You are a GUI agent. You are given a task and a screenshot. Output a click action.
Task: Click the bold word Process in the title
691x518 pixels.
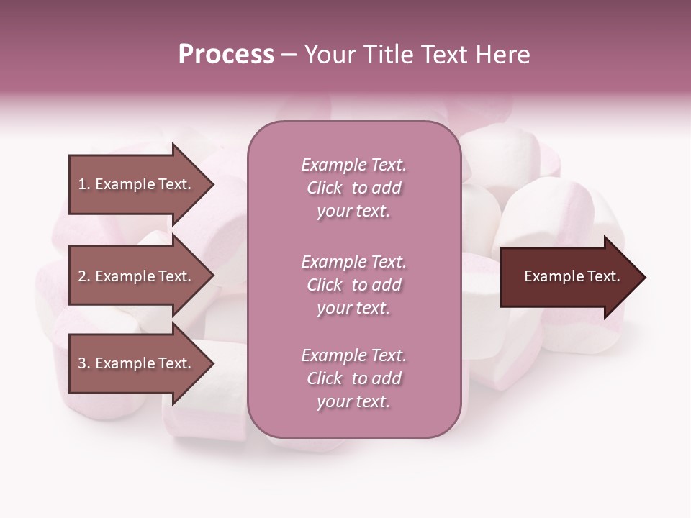point(226,55)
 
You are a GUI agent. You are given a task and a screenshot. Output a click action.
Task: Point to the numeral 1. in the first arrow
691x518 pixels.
point(84,184)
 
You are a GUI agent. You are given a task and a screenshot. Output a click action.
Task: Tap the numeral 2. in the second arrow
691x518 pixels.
point(84,276)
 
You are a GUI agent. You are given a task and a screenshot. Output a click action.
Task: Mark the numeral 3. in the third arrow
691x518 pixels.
point(84,363)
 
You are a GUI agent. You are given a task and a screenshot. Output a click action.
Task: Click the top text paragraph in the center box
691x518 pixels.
point(353,188)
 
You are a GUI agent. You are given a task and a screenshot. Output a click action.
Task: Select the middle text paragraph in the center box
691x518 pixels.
point(353,285)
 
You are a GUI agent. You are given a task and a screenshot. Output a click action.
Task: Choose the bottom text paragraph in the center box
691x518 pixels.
point(353,378)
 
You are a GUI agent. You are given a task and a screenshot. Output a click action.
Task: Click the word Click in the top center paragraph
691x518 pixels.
point(324,188)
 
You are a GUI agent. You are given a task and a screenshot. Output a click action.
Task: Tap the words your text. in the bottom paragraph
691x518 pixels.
point(353,402)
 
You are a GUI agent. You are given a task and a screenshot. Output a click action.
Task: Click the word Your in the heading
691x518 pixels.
point(328,55)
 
